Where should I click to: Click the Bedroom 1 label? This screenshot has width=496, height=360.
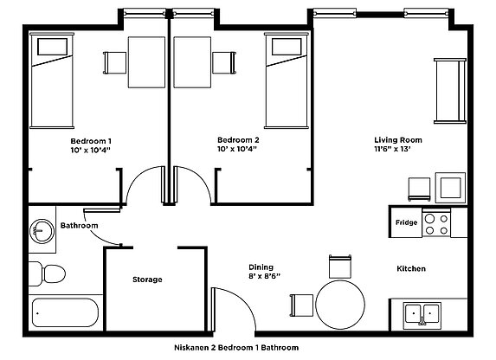91,141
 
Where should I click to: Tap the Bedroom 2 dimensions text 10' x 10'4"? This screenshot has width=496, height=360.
237,149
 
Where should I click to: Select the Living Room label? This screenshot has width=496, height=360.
398,140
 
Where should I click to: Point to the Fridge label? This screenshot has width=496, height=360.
406,222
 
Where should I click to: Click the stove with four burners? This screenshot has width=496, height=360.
436,223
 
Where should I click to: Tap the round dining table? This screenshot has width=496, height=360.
340,305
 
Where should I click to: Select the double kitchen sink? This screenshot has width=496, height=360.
422,315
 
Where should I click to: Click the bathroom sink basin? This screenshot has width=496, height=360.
42,231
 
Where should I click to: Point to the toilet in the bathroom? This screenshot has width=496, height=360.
47,273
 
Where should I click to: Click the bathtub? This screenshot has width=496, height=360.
65,312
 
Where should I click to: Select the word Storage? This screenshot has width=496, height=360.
147,280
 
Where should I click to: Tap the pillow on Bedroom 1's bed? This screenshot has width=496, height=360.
52,47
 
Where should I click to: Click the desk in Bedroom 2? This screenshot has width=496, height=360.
192,62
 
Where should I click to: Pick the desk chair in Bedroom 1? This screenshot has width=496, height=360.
115,62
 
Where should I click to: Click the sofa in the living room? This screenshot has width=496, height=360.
450,91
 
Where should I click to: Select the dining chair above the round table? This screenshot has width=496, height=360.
340,267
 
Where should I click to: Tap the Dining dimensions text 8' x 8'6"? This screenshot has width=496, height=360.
265,276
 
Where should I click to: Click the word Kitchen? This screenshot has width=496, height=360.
411,268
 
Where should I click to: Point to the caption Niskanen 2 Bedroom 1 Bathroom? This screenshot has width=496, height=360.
236,348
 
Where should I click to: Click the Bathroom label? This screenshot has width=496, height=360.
79,226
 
